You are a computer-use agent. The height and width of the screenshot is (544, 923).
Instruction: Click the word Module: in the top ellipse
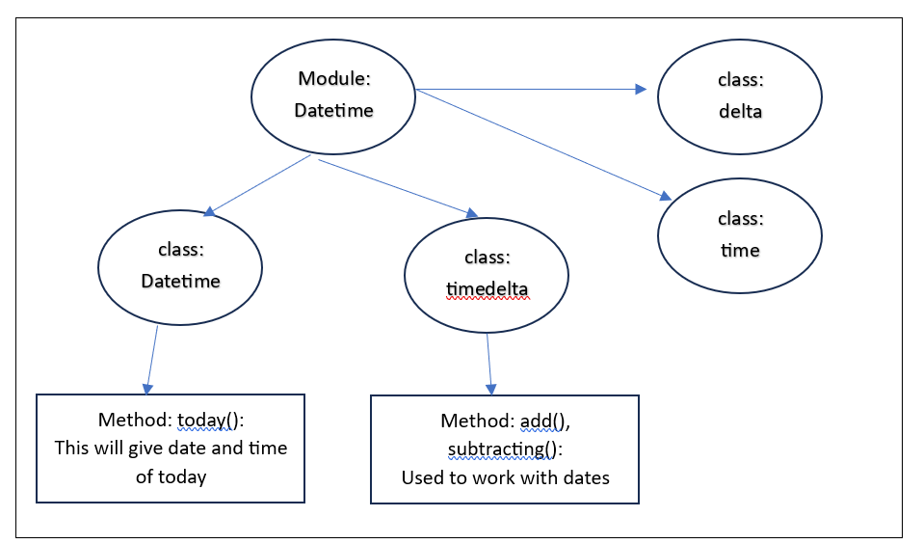coord(333,79)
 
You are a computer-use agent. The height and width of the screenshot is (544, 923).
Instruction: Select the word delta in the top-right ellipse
coord(740,111)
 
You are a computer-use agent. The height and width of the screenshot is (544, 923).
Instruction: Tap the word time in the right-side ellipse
coord(740,250)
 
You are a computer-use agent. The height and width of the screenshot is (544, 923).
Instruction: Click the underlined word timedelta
coord(488,288)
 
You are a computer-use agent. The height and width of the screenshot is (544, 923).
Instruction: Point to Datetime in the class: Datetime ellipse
coord(180,282)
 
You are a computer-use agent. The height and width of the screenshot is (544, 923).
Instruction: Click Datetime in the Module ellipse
coord(333,111)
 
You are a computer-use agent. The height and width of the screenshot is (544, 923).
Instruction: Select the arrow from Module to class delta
coord(530,90)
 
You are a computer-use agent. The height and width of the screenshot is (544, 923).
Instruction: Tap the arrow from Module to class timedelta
coord(395,186)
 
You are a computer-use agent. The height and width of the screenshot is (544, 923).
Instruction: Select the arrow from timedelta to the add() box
coord(489,363)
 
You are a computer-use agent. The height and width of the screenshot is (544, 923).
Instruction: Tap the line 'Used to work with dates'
coord(505,477)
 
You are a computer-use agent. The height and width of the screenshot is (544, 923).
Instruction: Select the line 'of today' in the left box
coord(171,476)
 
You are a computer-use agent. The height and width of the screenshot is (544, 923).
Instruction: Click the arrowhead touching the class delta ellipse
coord(641,90)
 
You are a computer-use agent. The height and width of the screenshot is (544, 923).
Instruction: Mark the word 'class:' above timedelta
coord(488,258)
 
